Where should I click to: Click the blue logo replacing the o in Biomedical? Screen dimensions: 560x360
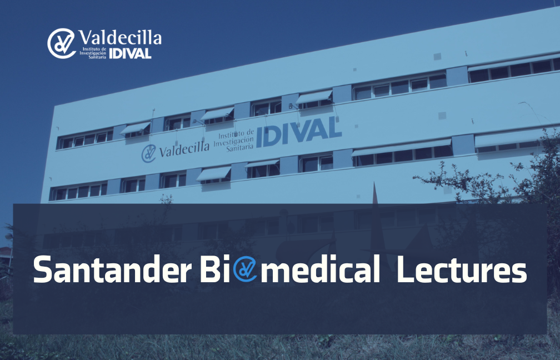pos(245,269)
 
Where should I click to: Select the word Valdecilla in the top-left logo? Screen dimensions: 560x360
pos(119,38)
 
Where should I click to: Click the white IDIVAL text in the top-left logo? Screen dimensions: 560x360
pos(131,53)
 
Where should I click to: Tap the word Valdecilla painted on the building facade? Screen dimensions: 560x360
pos(184,149)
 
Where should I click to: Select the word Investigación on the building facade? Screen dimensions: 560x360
pos(234,142)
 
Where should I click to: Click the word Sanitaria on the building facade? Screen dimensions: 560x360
pos(239,148)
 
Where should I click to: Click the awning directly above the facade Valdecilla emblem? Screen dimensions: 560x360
pos(136,128)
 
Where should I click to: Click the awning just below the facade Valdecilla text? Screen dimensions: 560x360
pos(214,173)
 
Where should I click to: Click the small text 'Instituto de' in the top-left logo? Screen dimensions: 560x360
pos(94,49)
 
